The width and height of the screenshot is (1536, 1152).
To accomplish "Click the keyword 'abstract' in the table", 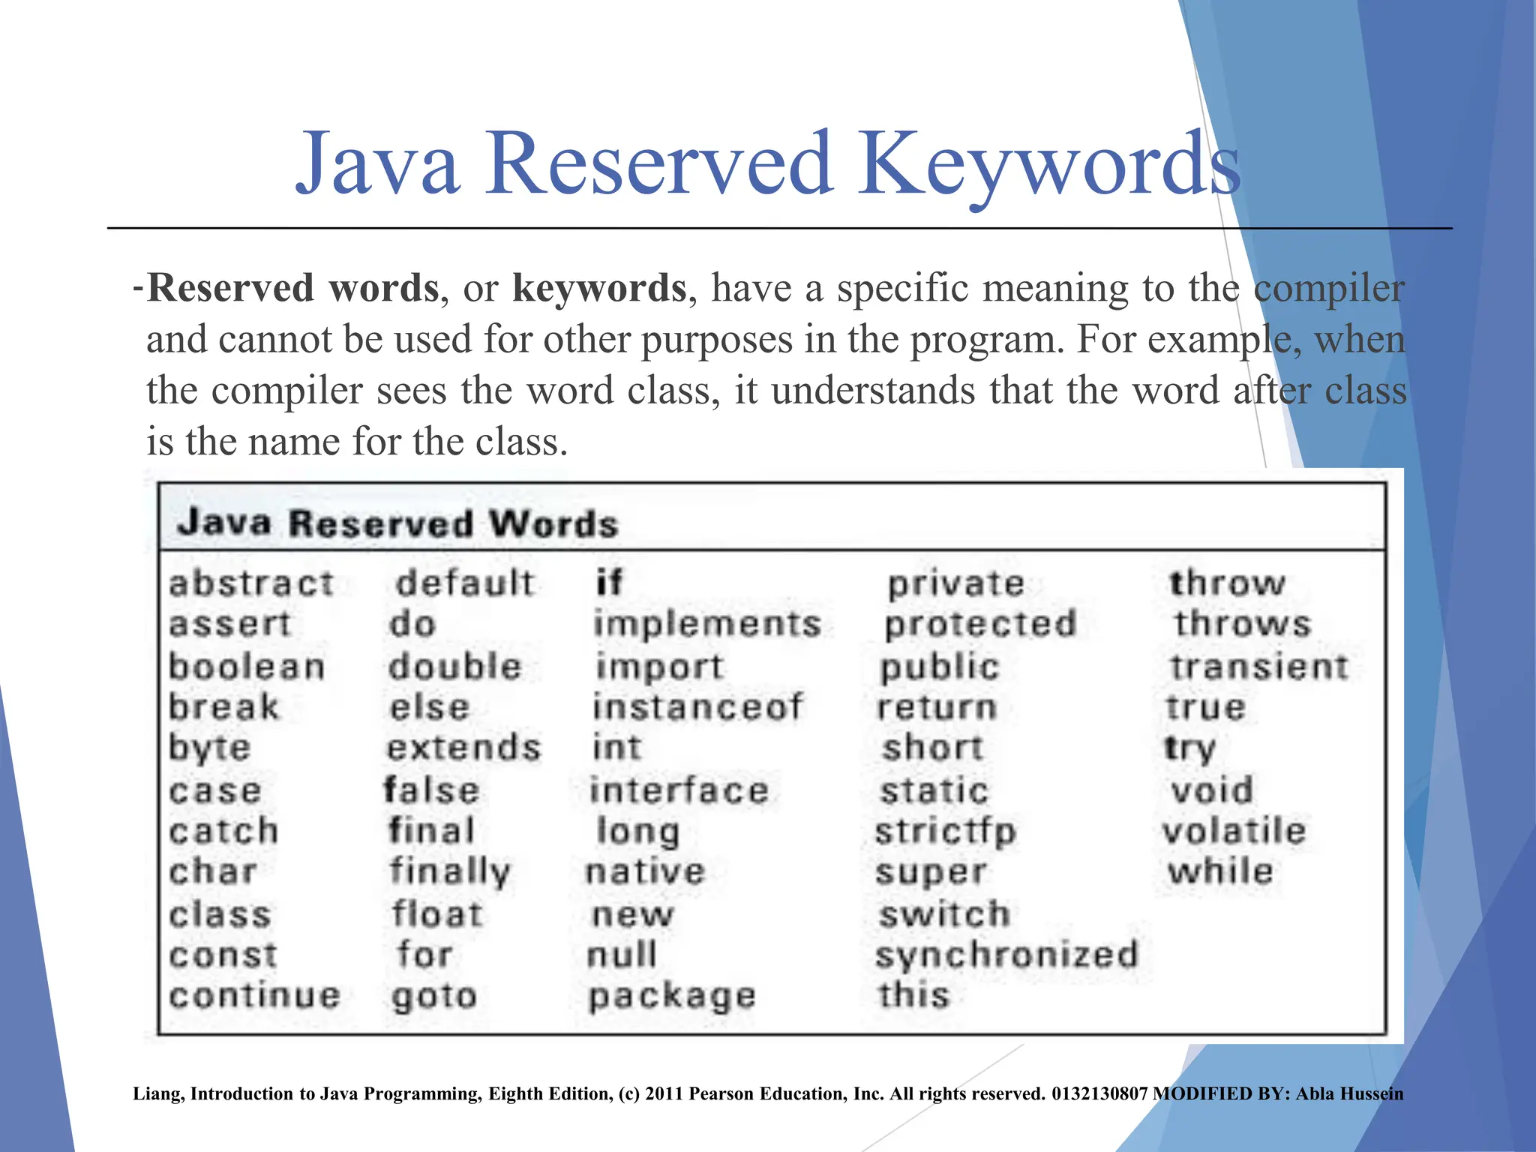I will (x=251, y=583).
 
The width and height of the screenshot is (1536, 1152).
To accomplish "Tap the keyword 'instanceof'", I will (x=697, y=707).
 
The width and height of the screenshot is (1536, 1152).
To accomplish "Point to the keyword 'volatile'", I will (x=1234, y=831).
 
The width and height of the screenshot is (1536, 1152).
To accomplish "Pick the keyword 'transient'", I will (x=1259, y=667).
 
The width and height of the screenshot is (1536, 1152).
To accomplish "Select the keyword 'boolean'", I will (x=247, y=667).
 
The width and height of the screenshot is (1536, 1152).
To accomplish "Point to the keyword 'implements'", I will (x=707, y=624).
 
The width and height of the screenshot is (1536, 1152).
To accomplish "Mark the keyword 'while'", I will (x=1220, y=871).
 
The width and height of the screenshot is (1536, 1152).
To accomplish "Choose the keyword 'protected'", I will (x=980, y=624).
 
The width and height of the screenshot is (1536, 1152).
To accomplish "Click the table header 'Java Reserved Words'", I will (x=397, y=523).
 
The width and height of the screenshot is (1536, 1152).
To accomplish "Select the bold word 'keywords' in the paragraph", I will (x=599, y=288).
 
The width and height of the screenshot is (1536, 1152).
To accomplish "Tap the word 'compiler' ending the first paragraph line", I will (x=1329, y=288).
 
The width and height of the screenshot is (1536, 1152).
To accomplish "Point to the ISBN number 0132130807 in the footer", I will (x=1099, y=1093).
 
